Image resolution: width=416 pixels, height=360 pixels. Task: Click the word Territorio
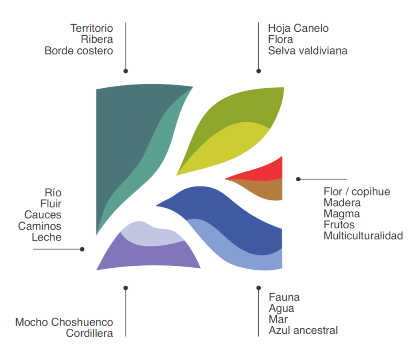click(92, 28)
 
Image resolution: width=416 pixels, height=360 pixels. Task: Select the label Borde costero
click(79, 51)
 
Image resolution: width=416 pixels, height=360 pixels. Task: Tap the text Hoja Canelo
click(298, 28)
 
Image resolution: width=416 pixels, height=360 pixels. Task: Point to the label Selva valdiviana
click(308, 51)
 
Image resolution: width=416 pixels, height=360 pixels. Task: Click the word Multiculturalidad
click(363, 236)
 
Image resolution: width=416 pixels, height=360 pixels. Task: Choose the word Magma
click(342, 214)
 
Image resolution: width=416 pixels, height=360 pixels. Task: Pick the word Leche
click(47, 237)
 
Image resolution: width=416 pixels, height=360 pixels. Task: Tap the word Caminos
click(40, 226)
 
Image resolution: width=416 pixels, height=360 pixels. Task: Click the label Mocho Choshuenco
click(64, 322)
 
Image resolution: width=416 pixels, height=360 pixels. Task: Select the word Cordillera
click(89, 333)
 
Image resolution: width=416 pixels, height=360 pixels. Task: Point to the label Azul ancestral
click(303, 330)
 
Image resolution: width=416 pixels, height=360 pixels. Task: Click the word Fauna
click(284, 297)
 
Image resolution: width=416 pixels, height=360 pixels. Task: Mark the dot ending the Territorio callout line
click(126, 71)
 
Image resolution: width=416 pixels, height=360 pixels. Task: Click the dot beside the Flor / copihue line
click(298, 179)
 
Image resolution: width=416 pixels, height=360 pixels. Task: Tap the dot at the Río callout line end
click(82, 249)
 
